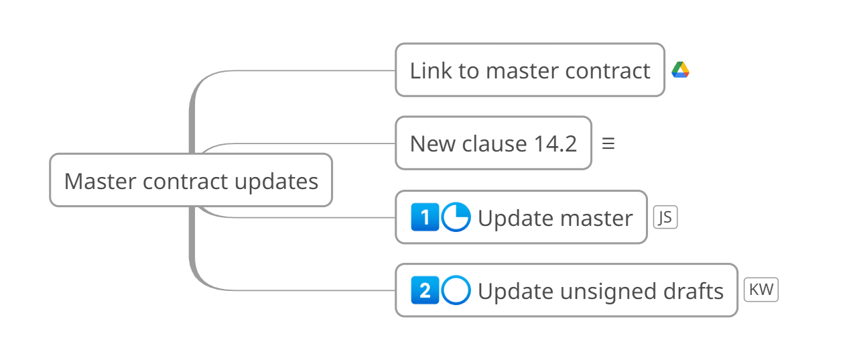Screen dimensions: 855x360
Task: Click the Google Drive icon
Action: pos(680,70)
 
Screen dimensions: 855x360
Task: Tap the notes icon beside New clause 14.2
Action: pos(608,143)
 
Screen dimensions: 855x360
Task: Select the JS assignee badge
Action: pos(665,217)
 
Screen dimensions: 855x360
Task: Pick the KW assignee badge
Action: pos(761,290)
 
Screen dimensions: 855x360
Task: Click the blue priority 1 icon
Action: pos(425,217)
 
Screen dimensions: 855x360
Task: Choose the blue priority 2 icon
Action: pos(425,290)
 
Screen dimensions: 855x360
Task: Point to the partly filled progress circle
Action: pos(456,217)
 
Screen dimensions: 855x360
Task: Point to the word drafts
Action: pos(693,291)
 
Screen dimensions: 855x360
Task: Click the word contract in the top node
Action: pos(608,71)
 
